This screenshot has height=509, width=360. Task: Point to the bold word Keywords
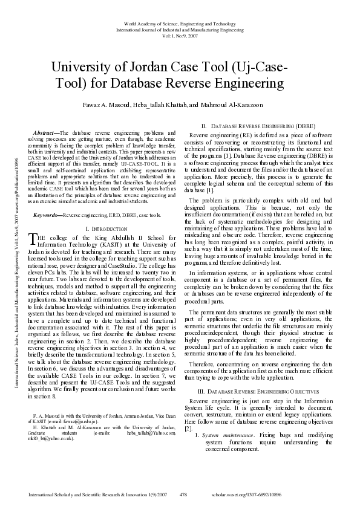click(48, 215)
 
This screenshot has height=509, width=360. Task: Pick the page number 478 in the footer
click(183, 494)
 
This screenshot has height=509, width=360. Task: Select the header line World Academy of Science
click(179, 23)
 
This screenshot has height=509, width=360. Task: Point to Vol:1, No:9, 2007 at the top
click(179, 35)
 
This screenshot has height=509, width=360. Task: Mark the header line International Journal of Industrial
click(179, 29)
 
